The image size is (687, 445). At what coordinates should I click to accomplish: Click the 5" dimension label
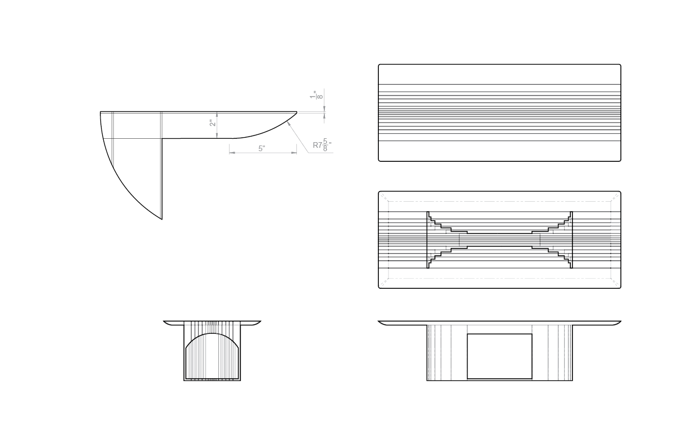click(x=262, y=148)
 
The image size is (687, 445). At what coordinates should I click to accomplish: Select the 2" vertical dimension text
click(x=212, y=122)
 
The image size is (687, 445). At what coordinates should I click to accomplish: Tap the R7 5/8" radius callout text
click(x=322, y=146)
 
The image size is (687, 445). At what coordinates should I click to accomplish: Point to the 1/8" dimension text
click(x=317, y=96)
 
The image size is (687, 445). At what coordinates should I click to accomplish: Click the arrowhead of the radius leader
click(x=287, y=124)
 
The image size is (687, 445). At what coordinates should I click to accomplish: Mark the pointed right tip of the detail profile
click(x=297, y=112)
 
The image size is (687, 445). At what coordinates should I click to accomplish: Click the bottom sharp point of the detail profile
click(x=162, y=219)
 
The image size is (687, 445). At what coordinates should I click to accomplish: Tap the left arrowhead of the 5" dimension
click(x=231, y=152)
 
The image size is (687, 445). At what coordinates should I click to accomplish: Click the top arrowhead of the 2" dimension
click(x=217, y=113)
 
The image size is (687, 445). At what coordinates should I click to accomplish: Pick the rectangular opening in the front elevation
click(x=500, y=356)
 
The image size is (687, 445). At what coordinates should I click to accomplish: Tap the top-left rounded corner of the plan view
click(x=380, y=66)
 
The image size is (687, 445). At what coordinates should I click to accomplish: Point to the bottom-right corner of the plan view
click(x=620, y=160)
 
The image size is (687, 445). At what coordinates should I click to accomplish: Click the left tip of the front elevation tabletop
click(x=379, y=321)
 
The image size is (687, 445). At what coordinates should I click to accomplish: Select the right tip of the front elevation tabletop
click(x=621, y=321)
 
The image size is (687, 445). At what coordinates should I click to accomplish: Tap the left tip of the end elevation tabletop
click(x=164, y=321)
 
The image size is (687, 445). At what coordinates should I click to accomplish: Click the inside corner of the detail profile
click(x=162, y=138)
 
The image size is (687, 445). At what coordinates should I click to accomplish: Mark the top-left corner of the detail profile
click(x=100, y=112)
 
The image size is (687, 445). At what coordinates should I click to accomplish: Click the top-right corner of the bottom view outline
click(x=620, y=193)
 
